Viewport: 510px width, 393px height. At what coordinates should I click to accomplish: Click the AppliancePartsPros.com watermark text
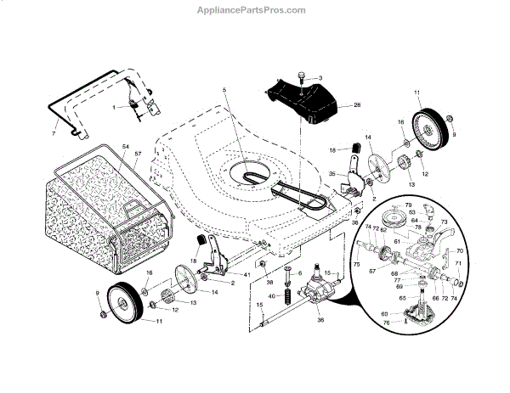[254, 10]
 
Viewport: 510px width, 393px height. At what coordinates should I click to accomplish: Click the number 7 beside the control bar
[54, 133]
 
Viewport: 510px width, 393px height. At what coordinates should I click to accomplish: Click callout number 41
[246, 276]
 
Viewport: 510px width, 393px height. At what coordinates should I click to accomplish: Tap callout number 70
[460, 251]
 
